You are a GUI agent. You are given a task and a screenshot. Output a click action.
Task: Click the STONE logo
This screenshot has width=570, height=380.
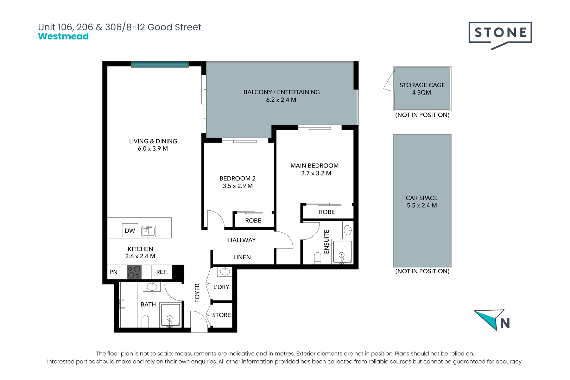[x=500, y=36]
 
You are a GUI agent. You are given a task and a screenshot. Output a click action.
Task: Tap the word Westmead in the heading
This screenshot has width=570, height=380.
[x=63, y=36]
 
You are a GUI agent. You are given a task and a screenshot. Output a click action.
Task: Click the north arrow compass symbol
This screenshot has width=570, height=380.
[x=492, y=320]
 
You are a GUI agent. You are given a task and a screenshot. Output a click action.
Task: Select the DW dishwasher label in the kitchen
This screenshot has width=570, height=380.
[x=130, y=231]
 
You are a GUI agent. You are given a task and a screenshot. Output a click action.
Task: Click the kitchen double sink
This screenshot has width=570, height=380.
[x=148, y=232]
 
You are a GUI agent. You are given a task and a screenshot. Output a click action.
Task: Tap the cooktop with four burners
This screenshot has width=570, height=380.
[x=134, y=272]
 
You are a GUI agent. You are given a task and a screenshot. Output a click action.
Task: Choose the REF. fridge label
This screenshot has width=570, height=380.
[x=162, y=272]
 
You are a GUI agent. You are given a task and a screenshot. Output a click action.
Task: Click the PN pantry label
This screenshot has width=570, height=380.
[x=114, y=272]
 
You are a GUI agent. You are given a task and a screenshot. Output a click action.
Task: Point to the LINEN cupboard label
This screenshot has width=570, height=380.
[x=242, y=257]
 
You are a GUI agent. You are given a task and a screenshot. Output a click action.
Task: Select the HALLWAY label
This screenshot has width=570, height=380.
[x=242, y=240]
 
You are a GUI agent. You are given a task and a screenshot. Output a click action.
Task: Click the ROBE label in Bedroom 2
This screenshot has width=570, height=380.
[x=253, y=221]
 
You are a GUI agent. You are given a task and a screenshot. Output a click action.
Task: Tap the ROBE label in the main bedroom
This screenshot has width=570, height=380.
[x=327, y=212]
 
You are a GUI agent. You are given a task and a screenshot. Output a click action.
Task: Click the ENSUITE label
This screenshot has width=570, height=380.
[x=327, y=242]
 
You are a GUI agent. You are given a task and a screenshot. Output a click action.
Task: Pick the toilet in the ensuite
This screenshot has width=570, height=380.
[x=318, y=258]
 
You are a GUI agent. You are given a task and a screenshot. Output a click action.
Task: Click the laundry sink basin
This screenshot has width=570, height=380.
[x=225, y=272]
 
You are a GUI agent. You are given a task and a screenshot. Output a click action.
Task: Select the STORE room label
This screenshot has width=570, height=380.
[x=221, y=315]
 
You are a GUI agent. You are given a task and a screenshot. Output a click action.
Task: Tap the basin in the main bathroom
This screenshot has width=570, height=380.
[x=152, y=287]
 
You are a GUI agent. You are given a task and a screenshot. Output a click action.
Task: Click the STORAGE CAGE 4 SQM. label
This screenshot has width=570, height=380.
[x=422, y=89]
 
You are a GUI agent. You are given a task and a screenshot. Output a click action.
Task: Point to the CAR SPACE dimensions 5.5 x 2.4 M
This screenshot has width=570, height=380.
[x=422, y=205]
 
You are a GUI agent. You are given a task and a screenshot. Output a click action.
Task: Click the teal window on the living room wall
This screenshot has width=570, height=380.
[x=160, y=64]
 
